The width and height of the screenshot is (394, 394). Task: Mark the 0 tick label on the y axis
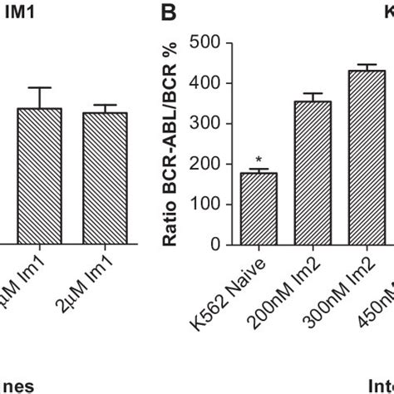coord(214,244)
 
